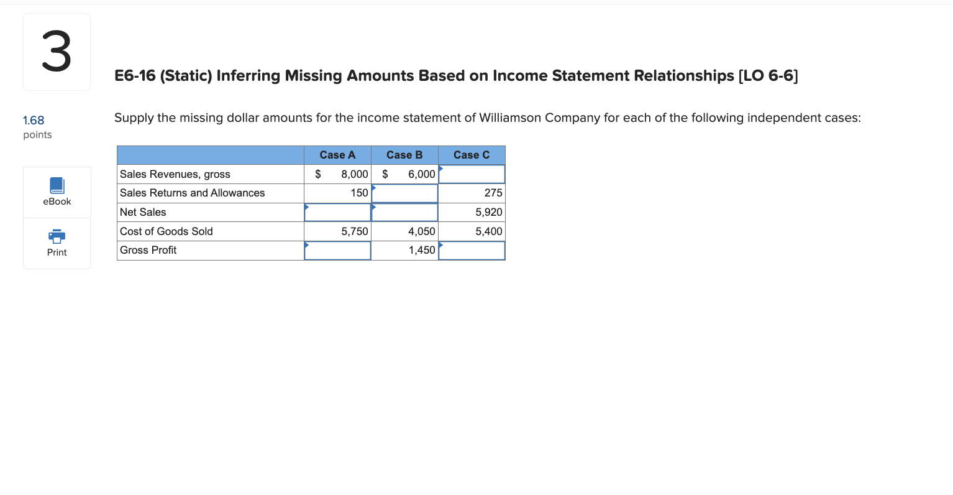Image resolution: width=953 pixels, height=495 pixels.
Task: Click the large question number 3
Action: point(57,52)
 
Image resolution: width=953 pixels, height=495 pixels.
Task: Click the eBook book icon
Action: point(57,185)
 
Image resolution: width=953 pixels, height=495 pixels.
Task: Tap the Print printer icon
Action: point(57,236)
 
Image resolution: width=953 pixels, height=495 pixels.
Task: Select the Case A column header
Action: point(337,155)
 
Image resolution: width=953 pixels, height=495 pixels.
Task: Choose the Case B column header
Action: point(404,155)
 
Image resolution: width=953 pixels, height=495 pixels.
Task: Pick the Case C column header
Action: point(472,155)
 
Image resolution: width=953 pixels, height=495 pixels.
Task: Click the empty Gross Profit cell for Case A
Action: point(337,251)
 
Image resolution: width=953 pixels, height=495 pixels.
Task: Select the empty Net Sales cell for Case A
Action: point(337,213)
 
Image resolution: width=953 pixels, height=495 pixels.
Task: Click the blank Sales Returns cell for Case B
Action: point(404,193)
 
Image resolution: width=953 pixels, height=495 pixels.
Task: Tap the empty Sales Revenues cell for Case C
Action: point(472,174)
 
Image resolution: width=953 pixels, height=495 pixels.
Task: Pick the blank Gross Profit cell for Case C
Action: point(472,251)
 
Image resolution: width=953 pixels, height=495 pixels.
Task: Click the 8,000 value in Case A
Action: point(355,174)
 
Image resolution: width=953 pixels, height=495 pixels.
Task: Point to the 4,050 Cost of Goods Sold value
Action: point(422,231)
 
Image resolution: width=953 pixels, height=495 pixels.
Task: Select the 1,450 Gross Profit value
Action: point(422,250)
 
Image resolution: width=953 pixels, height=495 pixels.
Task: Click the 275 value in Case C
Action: point(493,193)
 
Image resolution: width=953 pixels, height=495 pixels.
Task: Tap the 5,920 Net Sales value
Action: point(489,212)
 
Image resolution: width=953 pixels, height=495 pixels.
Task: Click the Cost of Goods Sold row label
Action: point(166,231)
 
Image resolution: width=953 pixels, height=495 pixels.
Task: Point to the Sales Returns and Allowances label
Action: point(193,193)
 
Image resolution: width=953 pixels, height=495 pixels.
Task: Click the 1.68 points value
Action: point(34,121)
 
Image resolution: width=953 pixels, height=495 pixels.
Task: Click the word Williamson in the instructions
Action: point(510,118)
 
